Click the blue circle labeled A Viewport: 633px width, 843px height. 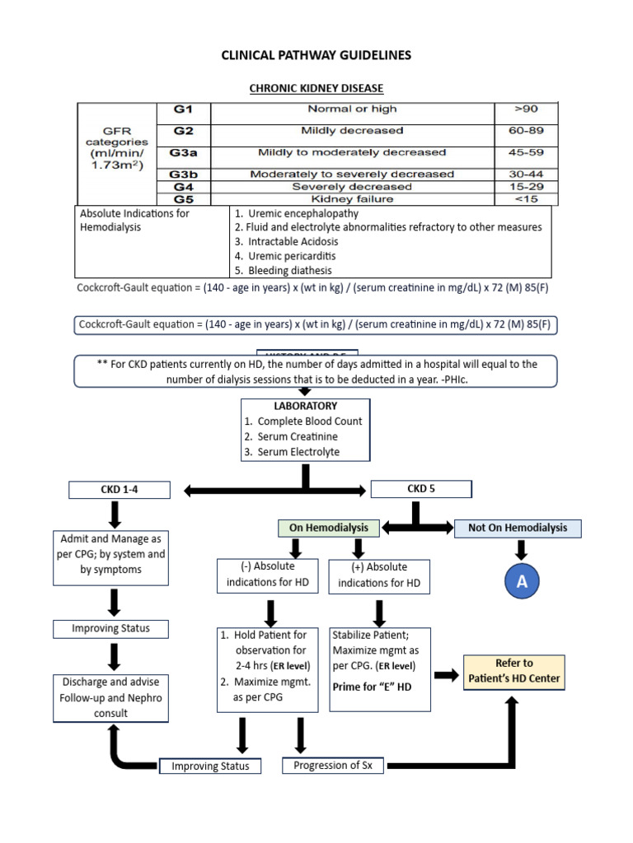[x=521, y=582]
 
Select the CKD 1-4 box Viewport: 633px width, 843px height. [x=120, y=491]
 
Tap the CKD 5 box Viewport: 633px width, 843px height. [x=421, y=489]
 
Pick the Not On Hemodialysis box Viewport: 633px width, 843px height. [x=518, y=528]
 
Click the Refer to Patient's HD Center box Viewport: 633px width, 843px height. [x=514, y=670]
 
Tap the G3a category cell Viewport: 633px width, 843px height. [x=184, y=152]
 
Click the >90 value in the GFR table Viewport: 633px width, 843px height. [x=525, y=109]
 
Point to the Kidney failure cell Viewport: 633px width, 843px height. [x=352, y=199]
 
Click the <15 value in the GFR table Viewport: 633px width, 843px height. [x=525, y=199]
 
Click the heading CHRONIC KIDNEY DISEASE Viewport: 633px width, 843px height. [x=316, y=88]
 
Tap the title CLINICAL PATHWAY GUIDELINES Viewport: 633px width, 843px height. [x=316, y=55]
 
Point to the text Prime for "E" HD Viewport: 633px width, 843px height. [x=372, y=687]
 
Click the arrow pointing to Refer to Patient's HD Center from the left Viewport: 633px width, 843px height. [x=447, y=674]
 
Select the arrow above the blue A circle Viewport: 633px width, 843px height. [x=521, y=549]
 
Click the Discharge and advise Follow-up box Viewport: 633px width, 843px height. [x=110, y=696]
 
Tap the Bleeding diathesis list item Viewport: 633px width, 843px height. [x=284, y=270]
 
